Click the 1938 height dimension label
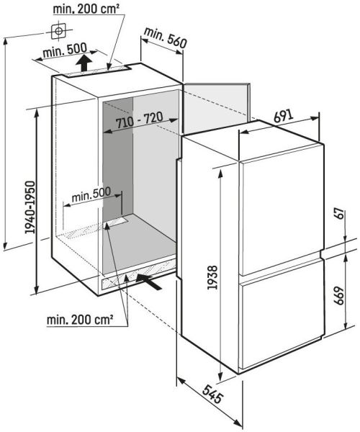[x=213, y=277]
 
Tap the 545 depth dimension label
[x=212, y=394]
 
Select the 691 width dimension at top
[x=284, y=117]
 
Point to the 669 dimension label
[x=340, y=296]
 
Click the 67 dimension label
[x=340, y=214]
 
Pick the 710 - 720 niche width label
[x=140, y=120]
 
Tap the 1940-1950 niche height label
[x=30, y=207]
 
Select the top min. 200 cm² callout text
[x=86, y=9]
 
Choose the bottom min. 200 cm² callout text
[x=80, y=320]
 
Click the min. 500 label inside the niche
[x=91, y=194]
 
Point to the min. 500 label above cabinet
[x=65, y=50]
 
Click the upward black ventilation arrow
[x=84, y=63]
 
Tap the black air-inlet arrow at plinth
[x=149, y=282]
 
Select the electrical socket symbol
[x=58, y=31]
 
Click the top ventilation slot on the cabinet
[x=96, y=71]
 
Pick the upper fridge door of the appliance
[x=281, y=210]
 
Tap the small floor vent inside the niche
[x=116, y=222]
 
